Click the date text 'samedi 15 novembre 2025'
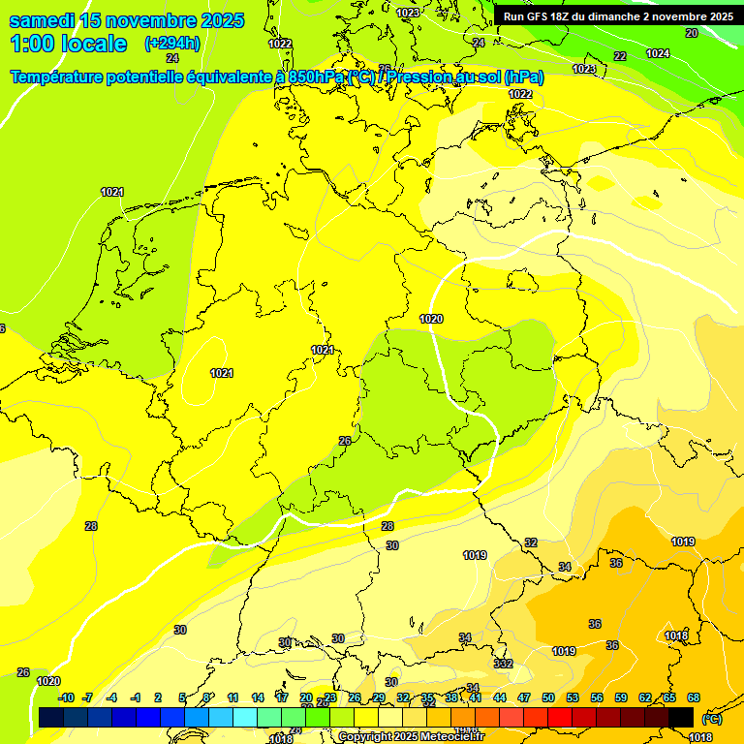(126, 20)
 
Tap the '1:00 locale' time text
(68, 44)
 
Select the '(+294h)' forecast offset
(172, 44)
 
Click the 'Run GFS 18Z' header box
(618, 15)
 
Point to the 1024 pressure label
(657, 53)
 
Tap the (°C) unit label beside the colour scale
(711, 719)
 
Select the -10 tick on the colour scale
(66, 697)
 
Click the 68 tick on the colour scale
(694, 697)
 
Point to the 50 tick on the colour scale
(548, 697)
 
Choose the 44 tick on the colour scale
(500, 697)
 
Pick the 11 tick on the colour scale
(233, 697)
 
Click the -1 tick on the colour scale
(137, 697)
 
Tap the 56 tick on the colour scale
(597, 697)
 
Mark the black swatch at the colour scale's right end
(681, 717)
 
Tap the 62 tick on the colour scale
(645, 697)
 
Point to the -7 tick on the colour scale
(87, 697)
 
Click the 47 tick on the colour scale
(524, 697)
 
